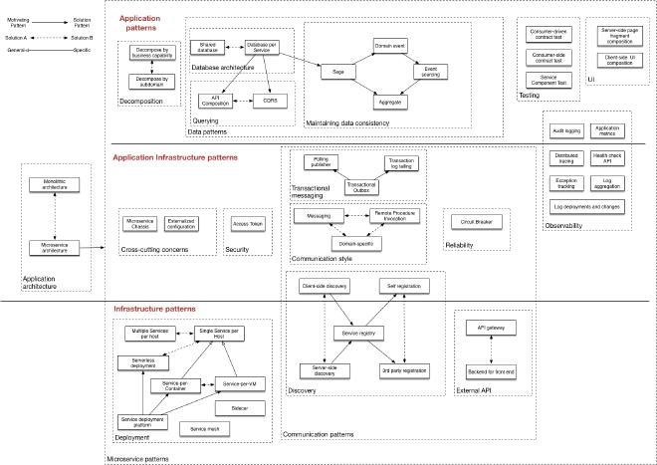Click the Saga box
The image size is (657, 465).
pyautogui.click(x=339, y=72)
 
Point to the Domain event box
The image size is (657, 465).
pyautogui.click(x=392, y=46)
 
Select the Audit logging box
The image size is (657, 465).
pyautogui.click(x=565, y=129)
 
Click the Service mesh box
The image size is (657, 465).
pyautogui.click(x=205, y=428)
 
